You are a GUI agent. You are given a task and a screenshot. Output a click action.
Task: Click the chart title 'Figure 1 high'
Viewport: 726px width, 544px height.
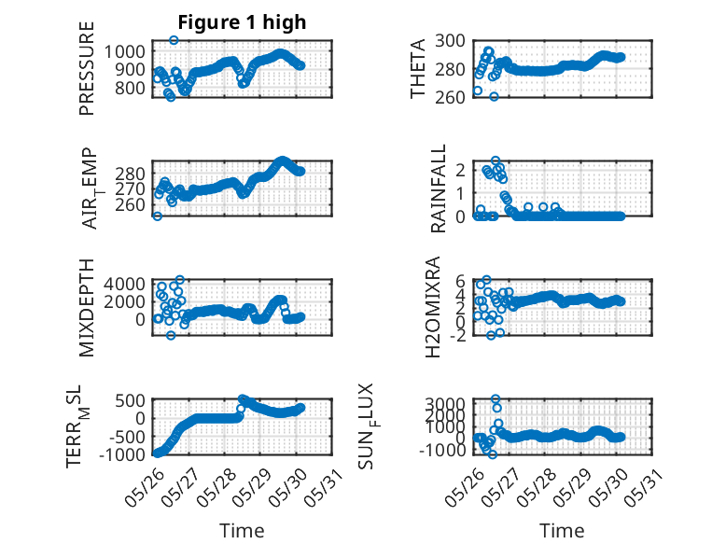tap(242, 22)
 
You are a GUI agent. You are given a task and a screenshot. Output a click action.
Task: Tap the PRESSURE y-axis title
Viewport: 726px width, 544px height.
tap(87, 68)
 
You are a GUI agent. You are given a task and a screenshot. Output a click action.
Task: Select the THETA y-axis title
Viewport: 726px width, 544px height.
tap(418, 68)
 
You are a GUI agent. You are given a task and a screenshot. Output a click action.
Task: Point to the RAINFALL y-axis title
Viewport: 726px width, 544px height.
tap(438, 188)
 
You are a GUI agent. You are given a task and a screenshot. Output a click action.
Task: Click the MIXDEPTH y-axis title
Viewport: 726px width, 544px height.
tap(87, 308)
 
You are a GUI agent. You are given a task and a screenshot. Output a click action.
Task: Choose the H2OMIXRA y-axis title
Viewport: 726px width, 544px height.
tap(432, 307)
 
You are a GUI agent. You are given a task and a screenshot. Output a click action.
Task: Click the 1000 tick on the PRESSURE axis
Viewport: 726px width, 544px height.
tap(124, 51)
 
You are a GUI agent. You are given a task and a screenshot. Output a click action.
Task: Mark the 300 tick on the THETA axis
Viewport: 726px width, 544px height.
tap(450, 41)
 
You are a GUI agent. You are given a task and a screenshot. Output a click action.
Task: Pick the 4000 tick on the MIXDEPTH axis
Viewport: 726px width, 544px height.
tap(124, 284)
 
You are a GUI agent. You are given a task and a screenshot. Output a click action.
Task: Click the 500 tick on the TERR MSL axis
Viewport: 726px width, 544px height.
tap(130, 400)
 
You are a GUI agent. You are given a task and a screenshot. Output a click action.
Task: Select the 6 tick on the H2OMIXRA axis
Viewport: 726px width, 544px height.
tap(460, 281)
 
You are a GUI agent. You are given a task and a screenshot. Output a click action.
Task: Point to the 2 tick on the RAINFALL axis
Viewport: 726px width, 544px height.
tap(460, 170)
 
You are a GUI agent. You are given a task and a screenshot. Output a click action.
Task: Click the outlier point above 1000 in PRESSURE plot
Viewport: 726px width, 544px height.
tap(174, 40)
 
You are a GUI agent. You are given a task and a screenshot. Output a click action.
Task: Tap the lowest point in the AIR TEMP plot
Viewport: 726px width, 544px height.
tap(158, 216)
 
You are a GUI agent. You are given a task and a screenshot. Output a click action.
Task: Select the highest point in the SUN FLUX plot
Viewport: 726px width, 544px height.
tap(496, 399)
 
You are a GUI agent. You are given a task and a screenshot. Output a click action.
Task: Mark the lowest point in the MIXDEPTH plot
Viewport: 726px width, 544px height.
tap(171, 335)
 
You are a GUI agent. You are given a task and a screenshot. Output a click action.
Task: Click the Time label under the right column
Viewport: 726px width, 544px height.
tap(562, 531)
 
